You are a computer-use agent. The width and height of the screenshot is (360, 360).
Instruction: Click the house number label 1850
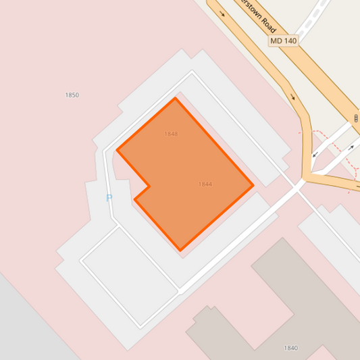click(72, 95)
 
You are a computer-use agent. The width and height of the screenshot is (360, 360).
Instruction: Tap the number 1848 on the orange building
click(171, 134)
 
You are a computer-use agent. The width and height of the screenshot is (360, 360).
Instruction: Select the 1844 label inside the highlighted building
click(205, 184)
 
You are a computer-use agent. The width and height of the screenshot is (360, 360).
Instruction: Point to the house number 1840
click(290, 348)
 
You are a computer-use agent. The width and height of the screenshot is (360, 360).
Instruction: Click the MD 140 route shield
click(283, 41)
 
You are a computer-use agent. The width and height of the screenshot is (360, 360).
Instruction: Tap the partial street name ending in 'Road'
click(261, 17)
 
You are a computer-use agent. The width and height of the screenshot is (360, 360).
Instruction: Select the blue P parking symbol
click(109, 198)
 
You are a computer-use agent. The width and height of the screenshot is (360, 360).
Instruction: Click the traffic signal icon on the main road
click(355, 119)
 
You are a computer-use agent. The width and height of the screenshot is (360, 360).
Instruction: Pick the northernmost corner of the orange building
click(176, 99)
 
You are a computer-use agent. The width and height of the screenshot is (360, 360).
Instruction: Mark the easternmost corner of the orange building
click(253, 185)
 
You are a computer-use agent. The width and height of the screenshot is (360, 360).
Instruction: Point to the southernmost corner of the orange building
click(180, 251)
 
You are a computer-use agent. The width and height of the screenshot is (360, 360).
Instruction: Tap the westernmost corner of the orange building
click(118, 149)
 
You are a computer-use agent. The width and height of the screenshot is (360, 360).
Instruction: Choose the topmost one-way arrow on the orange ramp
click(221, 11)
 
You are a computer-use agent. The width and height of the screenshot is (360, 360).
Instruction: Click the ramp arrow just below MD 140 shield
click(293, 96)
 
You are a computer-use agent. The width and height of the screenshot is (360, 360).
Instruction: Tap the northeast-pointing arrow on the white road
click(351, 147)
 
